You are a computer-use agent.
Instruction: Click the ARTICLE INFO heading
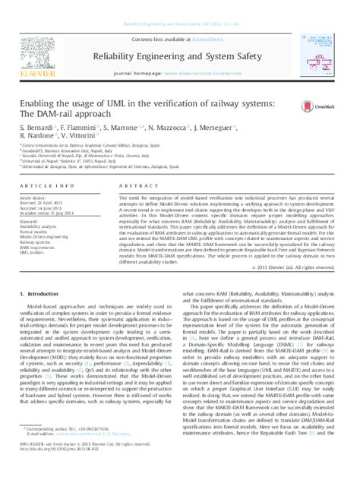click(x=42, y=185)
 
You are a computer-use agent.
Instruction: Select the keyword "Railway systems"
click(x=37, y=241)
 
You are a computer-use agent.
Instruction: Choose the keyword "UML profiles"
click(x=33, y=253)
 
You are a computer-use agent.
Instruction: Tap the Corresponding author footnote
click(x=72, y=450)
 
